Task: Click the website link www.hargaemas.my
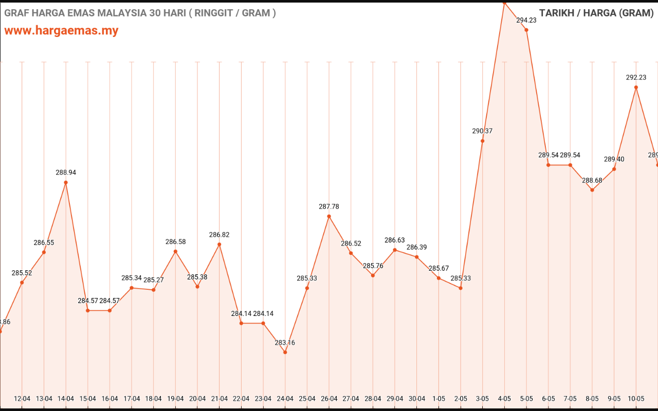tap(61, 30)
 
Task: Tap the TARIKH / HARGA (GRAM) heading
tap(596, 13)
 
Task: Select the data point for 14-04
tap(66, 182)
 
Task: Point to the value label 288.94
tap(66, 173)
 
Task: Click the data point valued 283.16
tap(285, 352)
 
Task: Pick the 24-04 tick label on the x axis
tap(285, 399)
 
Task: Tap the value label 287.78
tap(329, 207)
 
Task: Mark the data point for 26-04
tap(329, 216)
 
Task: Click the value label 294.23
tap(526, 20)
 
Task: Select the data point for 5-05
tap(526, 30)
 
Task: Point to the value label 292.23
tap(636, 78)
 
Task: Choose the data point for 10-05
tap(636, 87)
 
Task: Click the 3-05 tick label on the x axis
tap(483, 399)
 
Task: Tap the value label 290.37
tap(483, 131)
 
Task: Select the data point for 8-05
tap(592, 190)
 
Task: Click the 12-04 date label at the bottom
tap(22, 399)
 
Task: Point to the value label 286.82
tap(220, 235)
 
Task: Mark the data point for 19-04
tap(175, 251)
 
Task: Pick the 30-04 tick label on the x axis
tap(417, 399)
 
